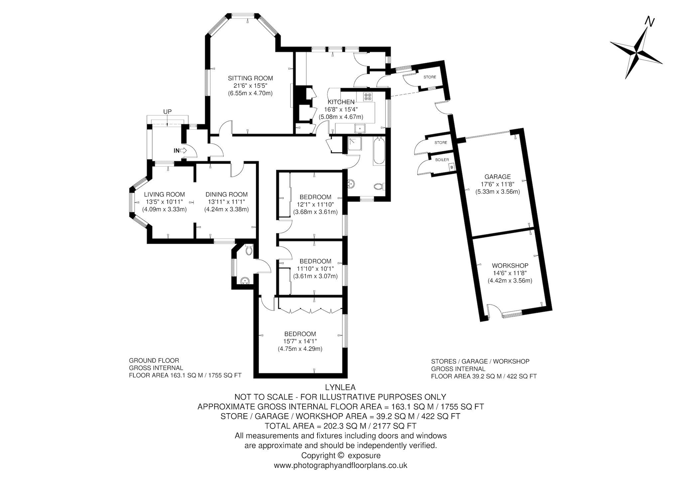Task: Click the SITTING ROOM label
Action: tap(250, 78)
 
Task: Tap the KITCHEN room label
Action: tap(341, 102)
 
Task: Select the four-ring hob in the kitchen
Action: tap(368, 96)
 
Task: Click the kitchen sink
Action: tap(360, 128)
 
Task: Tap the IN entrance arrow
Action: tap(183, 151)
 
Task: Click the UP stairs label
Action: tap(167, 112)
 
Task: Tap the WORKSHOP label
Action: tap(510, 266)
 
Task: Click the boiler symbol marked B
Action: tap(451, 167)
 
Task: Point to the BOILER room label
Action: tap(442, 160)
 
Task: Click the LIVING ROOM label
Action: tap(164, 195)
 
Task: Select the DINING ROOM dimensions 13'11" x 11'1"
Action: tap(226, 202)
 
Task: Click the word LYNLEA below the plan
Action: tap(340, 387)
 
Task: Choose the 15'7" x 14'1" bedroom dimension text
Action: tap(300, 341)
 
